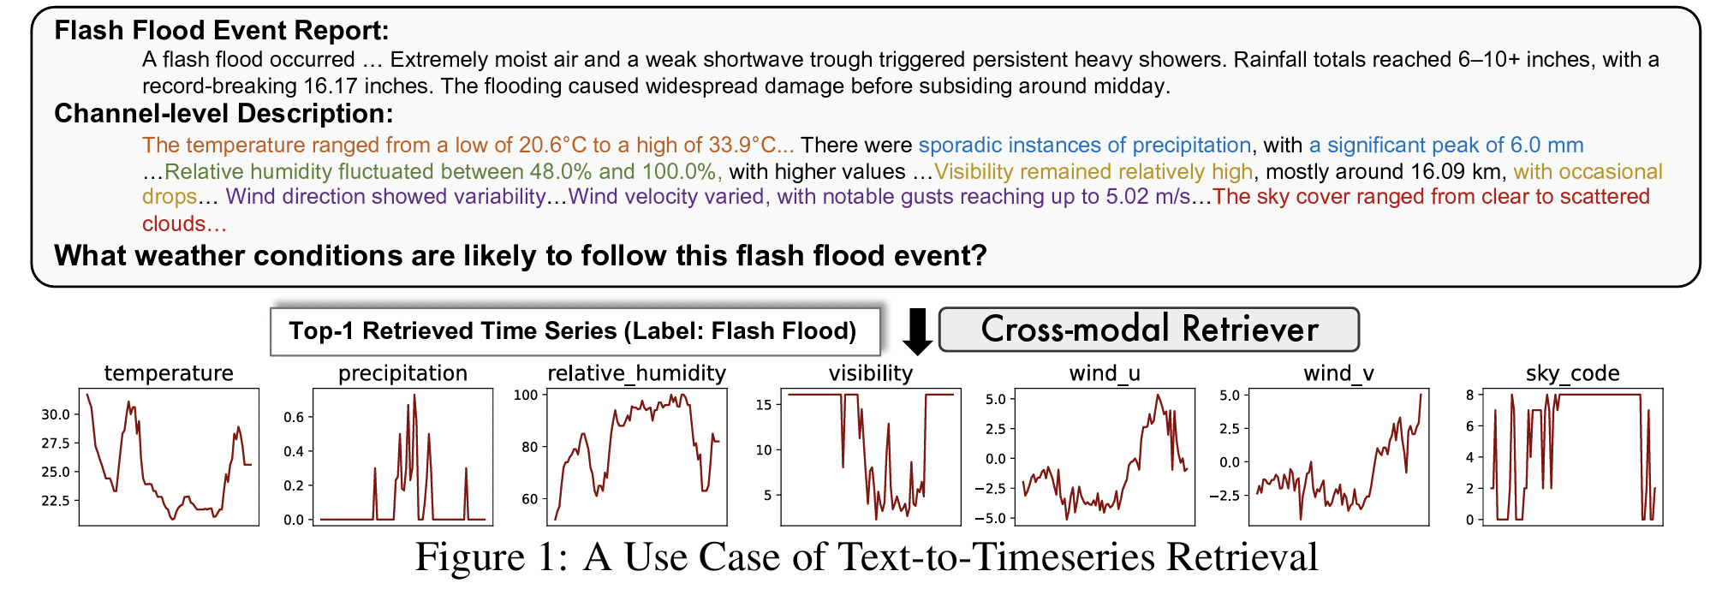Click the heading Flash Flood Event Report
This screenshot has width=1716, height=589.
[221, 31]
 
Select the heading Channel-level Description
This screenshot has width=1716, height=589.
[223, 114]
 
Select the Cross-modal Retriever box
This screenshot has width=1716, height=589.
[1148, 330]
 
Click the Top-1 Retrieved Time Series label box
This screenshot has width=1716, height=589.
[573, 331]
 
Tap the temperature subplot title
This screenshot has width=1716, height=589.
[169, 373]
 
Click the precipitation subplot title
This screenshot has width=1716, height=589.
[402, 373]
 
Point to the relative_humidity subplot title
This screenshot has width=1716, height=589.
[636, 373]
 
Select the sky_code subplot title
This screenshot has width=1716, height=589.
[1572, 373]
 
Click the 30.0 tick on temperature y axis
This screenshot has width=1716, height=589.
[56, 414]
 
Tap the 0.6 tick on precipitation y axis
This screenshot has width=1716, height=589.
[294, 418]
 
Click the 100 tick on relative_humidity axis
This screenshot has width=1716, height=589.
[526, 396]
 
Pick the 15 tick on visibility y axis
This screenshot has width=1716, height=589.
[764, 405]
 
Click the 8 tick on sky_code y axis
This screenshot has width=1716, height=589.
[1469, 396]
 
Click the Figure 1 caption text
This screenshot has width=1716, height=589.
[866, 558]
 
